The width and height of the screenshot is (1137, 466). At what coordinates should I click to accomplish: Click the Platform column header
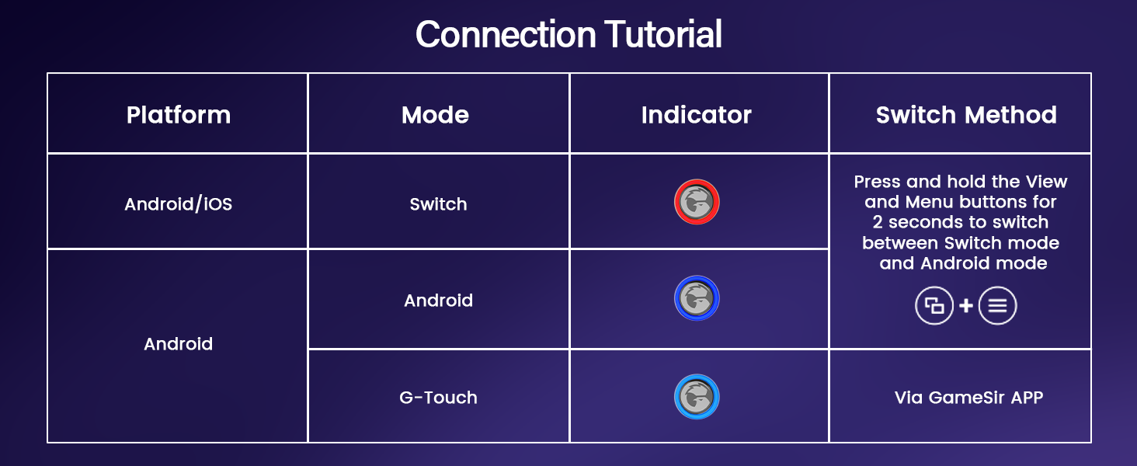178,115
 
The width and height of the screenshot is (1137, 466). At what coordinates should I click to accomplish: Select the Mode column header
435,115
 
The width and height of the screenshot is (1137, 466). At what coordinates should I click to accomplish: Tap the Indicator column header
696,115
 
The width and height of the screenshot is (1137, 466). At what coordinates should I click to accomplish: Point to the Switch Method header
965,115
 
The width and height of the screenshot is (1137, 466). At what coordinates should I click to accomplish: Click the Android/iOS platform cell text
178,204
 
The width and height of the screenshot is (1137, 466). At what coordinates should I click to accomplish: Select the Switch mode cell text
438,204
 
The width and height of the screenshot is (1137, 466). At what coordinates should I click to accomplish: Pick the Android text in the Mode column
438,301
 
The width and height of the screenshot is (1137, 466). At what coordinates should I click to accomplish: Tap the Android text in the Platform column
178,344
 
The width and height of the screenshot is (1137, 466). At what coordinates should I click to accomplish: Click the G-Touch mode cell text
438,398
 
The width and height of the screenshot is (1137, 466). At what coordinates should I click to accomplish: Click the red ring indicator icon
697,203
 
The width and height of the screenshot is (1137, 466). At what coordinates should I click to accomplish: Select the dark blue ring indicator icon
697,298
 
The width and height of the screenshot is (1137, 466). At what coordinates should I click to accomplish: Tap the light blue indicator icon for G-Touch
697,397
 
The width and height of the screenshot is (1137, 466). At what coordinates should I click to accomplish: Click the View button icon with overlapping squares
934,305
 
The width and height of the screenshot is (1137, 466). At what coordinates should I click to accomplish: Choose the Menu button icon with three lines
997,305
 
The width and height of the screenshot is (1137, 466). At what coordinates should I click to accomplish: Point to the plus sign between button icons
966,305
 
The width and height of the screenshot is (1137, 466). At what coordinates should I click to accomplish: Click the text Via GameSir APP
968,398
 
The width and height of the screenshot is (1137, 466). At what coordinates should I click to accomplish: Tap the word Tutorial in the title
662,34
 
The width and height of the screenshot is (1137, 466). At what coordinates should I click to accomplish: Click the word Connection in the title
506,34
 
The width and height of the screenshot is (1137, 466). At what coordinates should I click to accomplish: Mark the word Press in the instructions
877,182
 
